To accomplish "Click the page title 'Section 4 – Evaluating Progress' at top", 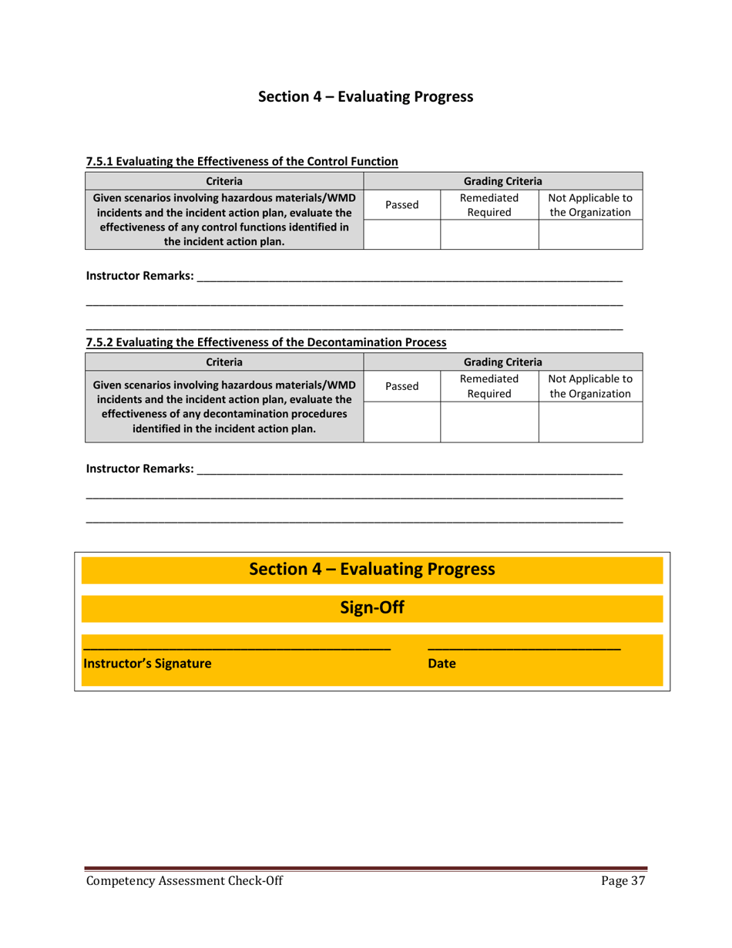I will [365, 96].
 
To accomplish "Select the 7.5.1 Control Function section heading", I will [242, 162].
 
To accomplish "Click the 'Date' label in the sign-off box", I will [442, 663].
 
